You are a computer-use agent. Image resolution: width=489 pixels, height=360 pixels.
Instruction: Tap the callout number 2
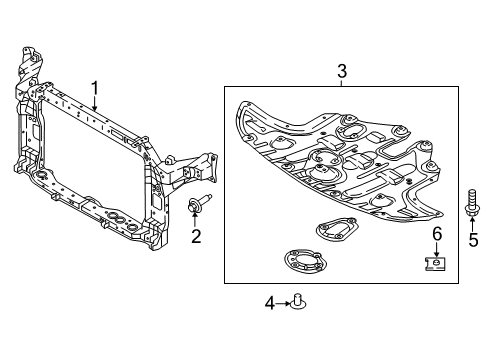coord(196,236)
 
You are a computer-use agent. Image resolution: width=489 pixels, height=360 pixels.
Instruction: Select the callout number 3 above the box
coord(341,70)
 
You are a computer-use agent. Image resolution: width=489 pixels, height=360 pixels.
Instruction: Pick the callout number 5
coord(474,240)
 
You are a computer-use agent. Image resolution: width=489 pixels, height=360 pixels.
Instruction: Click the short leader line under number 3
coord(341,82)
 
